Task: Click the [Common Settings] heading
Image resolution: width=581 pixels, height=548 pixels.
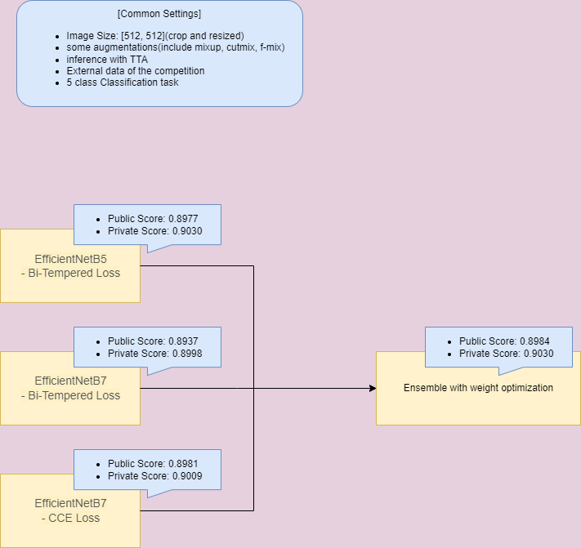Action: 159,14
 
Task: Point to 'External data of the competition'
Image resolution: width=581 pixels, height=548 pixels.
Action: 136,71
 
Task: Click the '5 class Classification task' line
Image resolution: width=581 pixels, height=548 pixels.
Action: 123,82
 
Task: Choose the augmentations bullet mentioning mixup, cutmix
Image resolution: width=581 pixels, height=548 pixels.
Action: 176,48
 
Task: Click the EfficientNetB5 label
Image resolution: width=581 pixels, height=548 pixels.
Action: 70,259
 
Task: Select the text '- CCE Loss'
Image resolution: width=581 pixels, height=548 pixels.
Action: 70,517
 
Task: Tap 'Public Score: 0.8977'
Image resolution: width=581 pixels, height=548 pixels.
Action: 153,219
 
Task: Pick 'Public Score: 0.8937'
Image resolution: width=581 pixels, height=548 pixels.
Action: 153,341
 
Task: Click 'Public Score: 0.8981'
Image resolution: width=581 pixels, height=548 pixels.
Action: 153,464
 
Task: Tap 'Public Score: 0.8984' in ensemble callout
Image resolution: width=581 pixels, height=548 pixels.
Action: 504,341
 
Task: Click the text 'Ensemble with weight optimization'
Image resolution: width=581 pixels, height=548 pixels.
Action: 478,388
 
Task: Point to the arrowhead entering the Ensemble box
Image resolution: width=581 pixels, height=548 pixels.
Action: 372,388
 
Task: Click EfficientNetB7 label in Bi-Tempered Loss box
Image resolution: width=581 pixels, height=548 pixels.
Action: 70,381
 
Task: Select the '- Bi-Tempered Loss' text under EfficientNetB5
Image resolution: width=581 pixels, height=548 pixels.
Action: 70,273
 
